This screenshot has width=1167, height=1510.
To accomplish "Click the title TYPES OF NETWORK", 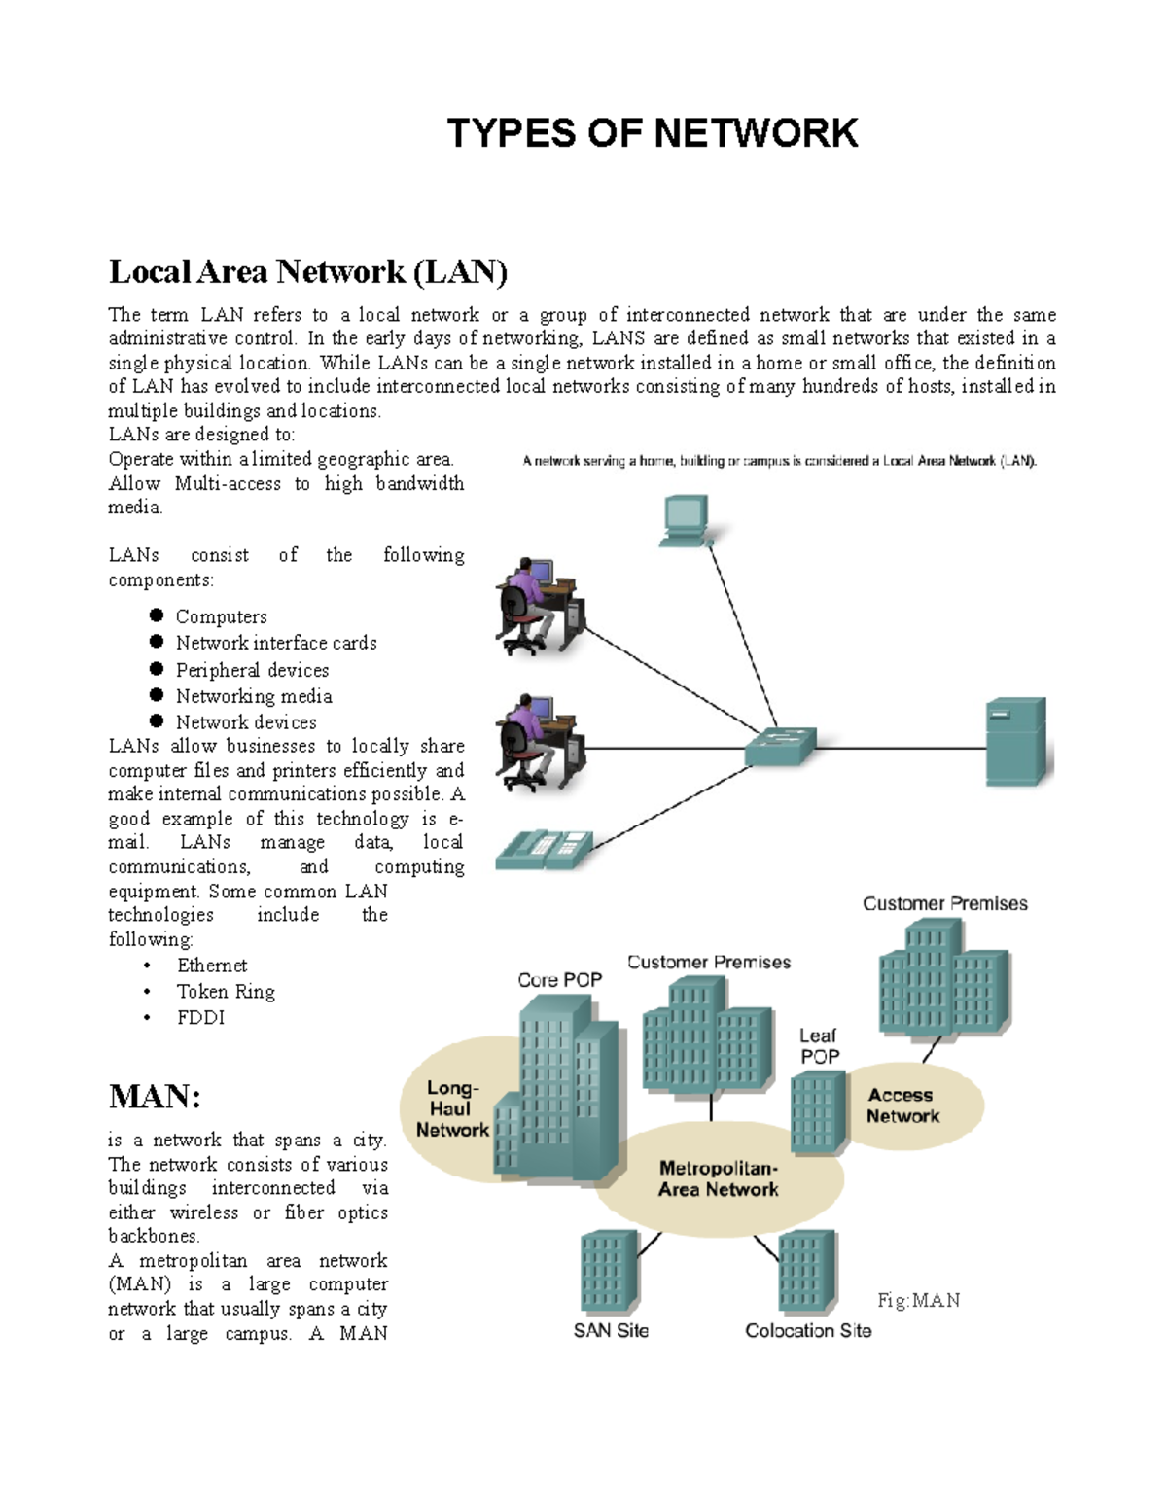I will [x=652, y=133].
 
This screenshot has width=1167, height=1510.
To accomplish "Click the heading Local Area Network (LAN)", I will [x=308, y=271].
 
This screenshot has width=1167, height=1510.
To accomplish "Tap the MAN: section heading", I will [x=155, y=1097].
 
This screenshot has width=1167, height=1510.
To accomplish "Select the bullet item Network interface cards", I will [x=276, y=643].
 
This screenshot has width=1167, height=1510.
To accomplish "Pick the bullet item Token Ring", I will [x=226, y=992].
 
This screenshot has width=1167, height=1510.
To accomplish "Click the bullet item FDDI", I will [x=200, y=1018].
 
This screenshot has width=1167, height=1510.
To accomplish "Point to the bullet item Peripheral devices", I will [x=252, y=670].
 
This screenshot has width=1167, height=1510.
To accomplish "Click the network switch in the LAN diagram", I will [x=779, y=747].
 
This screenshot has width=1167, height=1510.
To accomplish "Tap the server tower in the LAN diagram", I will [x=1015, y=741].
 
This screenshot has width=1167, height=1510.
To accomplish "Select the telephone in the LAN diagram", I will [x=543, y=849].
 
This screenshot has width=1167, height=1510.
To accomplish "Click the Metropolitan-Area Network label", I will [x=718, y=1178].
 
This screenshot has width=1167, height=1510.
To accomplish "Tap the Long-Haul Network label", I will [x=452, y=1109].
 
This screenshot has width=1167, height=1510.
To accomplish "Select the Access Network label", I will [x=902, y=1106].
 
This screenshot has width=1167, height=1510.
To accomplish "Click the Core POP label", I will [x=559, y=980].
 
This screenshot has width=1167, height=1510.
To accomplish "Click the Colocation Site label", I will [x=807, y=1331].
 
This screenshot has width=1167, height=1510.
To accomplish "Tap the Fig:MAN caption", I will [x=918, y=1301].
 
